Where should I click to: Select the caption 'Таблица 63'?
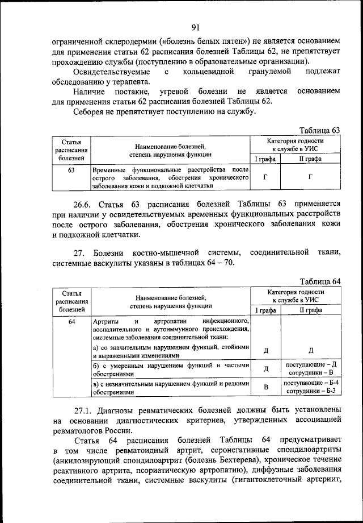click(x=319, y=130)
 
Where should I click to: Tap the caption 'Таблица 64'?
click(x=319, y=281)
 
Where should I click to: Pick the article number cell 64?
click(x=71, y=322)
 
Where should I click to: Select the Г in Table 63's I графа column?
click(x=265, y=177)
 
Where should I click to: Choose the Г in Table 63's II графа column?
click(x=310, y=177)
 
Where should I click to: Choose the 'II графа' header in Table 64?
click(x=310, y=310)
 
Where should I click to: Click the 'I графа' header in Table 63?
click(x=265, y=160)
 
